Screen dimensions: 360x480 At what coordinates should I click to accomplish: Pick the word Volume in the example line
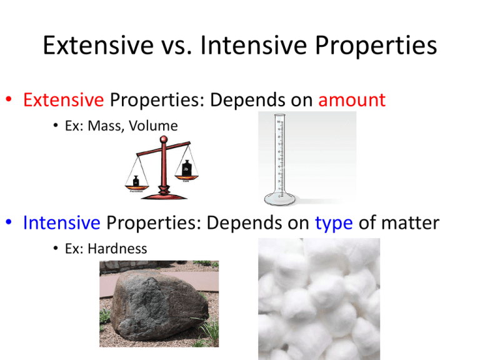click(x=156, y=126)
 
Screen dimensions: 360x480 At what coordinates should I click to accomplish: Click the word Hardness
click(x=118, y=249)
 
